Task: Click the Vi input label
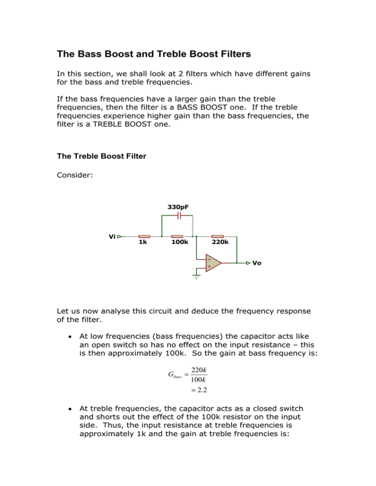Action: click(112, 236)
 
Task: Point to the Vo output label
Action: click(257, 263)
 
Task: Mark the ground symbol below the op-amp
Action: click(195, 278)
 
